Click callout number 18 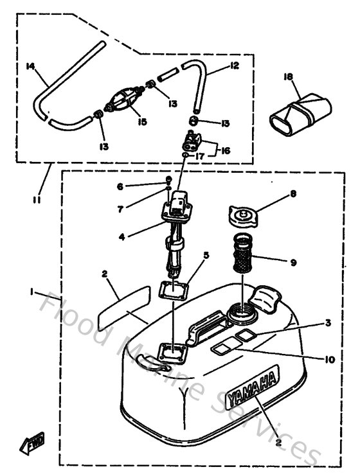[287, 77]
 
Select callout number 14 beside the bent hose [30, 66]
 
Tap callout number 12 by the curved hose [234, 66]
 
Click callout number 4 [122, 236]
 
